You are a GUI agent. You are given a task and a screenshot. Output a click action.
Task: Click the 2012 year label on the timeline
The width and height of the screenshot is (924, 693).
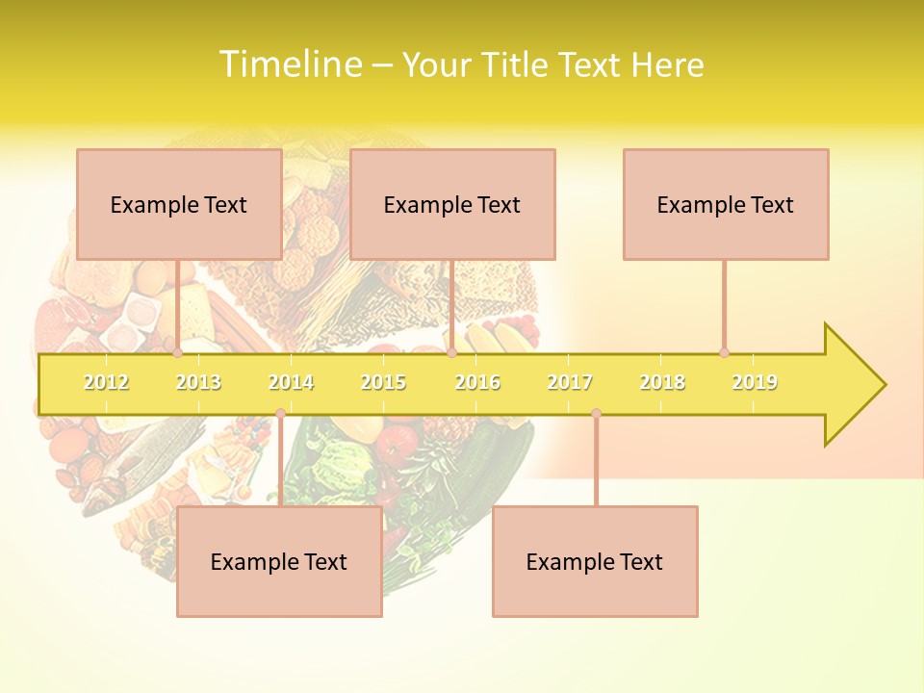106,382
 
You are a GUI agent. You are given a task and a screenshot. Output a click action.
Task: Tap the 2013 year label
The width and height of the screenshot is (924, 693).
198,382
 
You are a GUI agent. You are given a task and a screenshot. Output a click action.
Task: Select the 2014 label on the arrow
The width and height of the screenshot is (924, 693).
291,382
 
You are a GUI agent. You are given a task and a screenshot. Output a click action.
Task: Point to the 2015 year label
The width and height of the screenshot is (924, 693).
383,382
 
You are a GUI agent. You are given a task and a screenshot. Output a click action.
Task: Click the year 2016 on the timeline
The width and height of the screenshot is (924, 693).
477,382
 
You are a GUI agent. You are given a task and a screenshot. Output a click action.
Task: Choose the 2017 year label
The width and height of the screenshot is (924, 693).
570,382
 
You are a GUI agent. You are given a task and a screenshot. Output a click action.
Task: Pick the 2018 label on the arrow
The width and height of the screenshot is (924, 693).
662,382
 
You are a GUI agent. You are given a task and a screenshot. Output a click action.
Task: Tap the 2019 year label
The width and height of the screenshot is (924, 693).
755,382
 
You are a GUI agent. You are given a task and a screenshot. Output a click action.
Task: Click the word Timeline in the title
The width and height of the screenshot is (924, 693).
289,64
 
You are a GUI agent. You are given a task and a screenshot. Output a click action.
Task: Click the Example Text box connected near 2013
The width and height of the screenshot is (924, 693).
179,204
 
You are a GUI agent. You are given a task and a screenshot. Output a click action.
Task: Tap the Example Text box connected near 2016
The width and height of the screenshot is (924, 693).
452,204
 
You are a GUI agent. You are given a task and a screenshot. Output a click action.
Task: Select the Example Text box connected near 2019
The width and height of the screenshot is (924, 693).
726,204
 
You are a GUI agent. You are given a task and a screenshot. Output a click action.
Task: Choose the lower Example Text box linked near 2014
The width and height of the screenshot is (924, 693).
279,561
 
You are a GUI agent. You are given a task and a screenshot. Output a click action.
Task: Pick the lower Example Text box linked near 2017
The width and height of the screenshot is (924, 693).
595,561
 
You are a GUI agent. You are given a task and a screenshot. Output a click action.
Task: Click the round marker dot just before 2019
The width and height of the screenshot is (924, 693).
724,352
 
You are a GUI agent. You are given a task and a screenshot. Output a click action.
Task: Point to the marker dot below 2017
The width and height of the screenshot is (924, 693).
596,414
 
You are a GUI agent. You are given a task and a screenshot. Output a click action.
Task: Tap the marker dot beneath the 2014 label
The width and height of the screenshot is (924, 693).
280,414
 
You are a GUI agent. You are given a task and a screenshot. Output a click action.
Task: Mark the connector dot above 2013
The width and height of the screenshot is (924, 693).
177,352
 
